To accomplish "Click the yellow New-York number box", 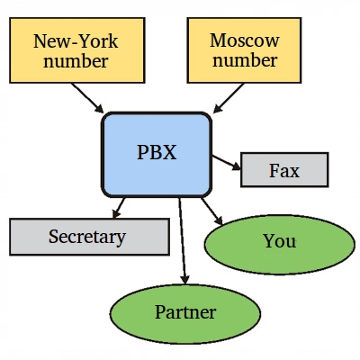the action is click(x=77, y=50).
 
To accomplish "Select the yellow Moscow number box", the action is click(x=244, y=50).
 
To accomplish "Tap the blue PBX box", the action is click(x=157, y=155).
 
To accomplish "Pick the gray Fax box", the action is click(x=284, y=170).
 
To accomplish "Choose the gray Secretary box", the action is click(x=89, y=237).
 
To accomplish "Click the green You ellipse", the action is click(x=280, y=245).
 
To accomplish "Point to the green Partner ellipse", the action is click(x=185, y=314).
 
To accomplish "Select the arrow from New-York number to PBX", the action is click(x=87, y=98).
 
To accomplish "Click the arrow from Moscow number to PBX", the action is click(x=229, y=98).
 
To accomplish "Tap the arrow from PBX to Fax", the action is click(x=227, y=163).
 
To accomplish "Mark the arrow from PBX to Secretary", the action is click(x=119, y=208).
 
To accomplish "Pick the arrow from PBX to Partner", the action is click(x=183, y=240).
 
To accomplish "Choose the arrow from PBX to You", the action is click(x=211, y=211).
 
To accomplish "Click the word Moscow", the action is click(x=245, y=40).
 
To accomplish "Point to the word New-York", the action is click(x=76, y=41).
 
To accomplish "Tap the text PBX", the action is click(x=157, y=152).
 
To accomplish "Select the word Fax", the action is click(x=284, y=170).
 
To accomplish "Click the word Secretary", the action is click(x=87, y=237).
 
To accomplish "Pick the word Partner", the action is click(x=185, y=312).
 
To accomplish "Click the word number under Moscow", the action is click(x=245, y=60).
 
